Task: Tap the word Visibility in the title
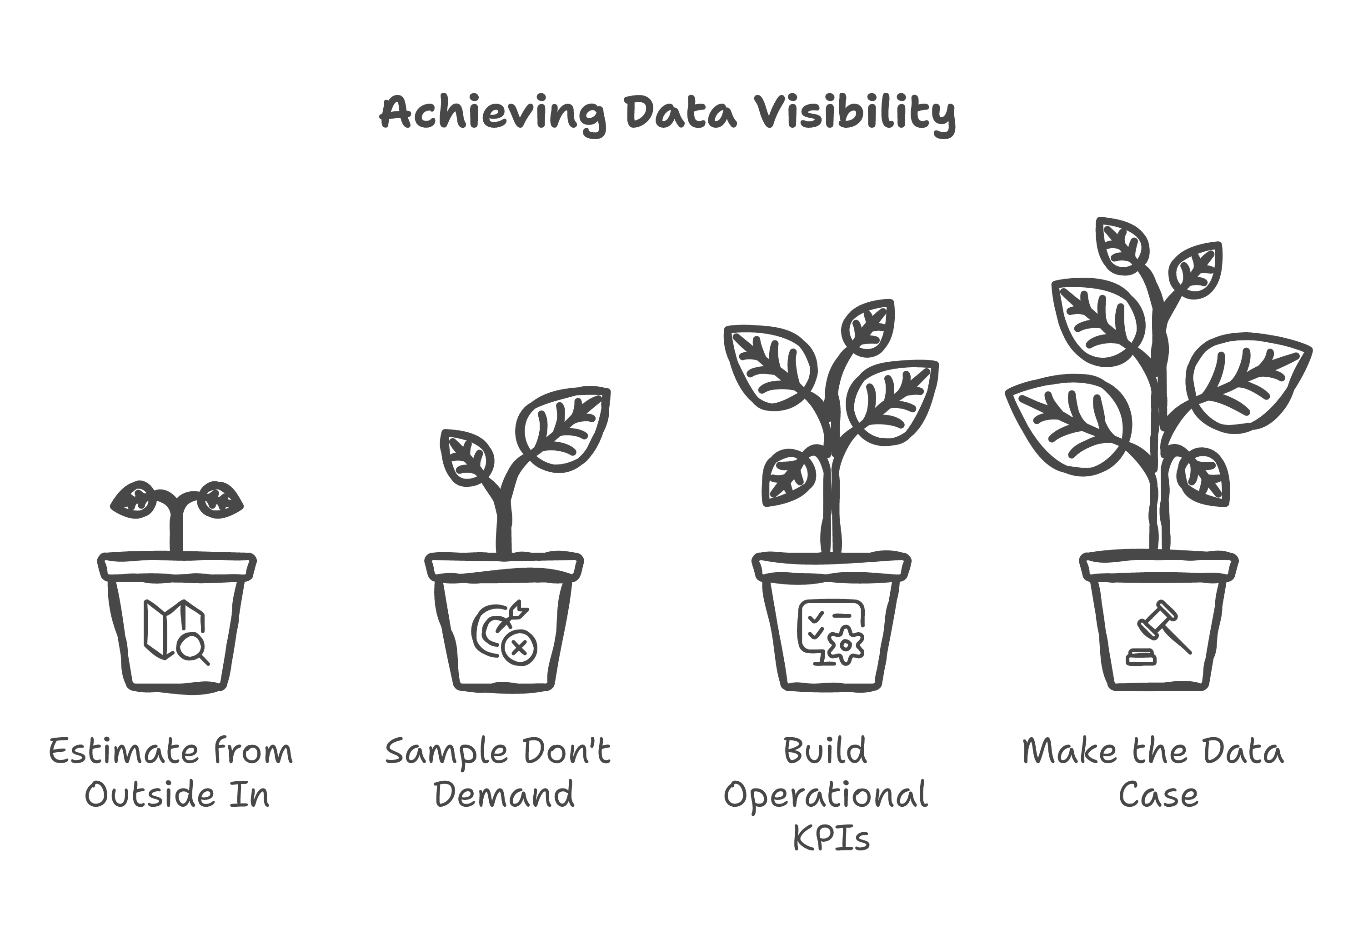(856, 113)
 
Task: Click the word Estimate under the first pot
(123, 752)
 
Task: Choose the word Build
(825, 752)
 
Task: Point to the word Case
(1158, 795)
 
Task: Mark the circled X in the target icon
(519, 649)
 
